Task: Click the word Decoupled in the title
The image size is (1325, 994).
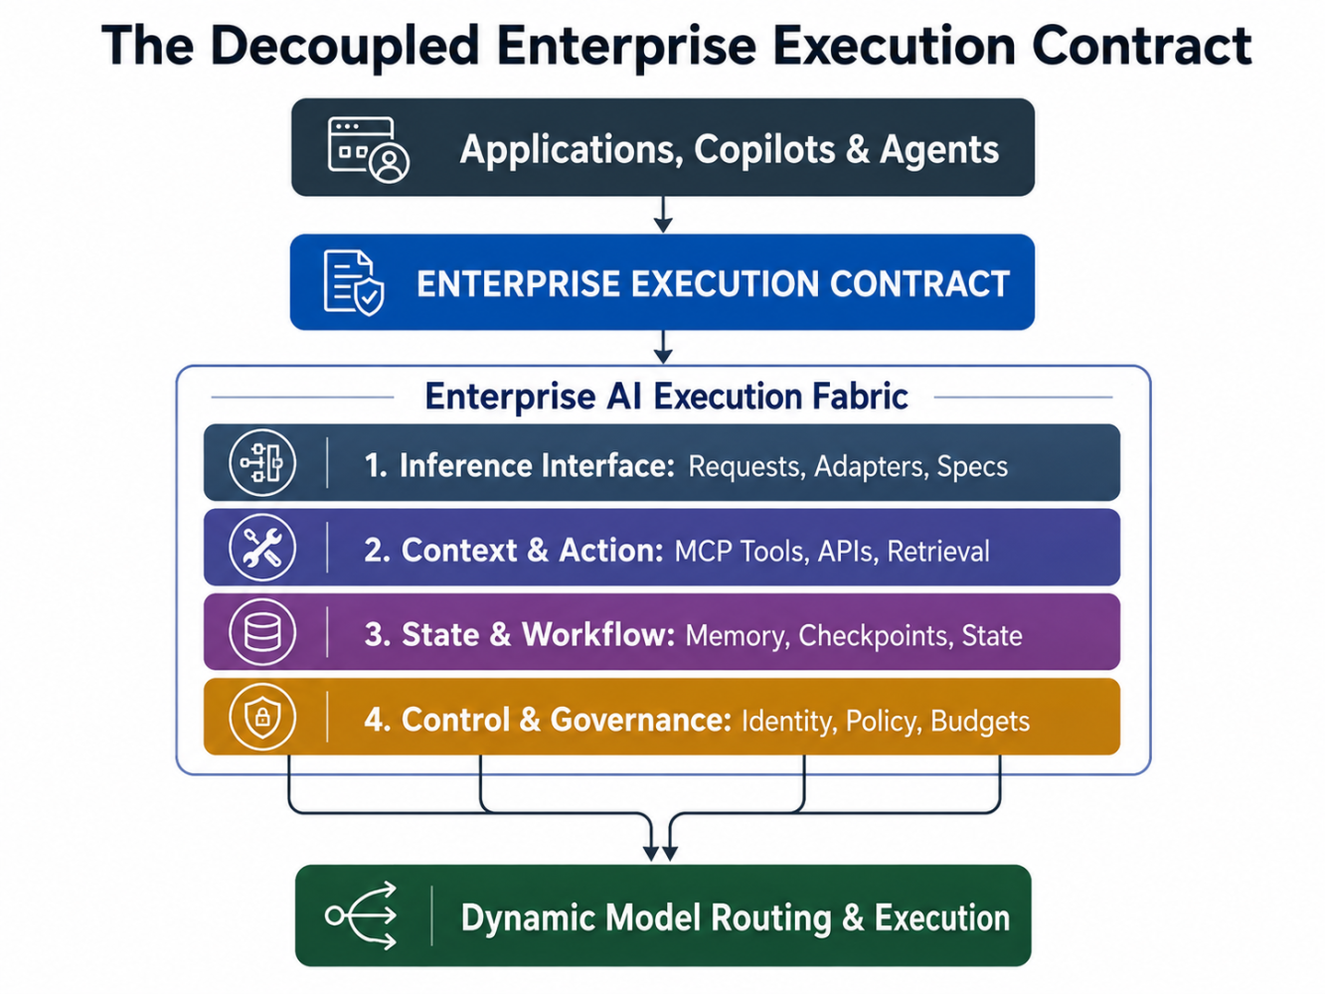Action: click(x=345, y=48)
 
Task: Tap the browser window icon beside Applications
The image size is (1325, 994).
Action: click(x=368, y=150)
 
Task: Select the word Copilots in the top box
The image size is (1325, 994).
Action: click(x=764, y=150)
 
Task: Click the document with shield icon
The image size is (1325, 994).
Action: click(x=353, y=282)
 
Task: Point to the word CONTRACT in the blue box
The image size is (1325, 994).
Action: click(x=919, y=283)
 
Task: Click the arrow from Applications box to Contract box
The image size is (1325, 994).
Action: click(x=663, y=215)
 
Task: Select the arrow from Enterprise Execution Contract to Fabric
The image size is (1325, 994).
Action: click(x=663, y=347)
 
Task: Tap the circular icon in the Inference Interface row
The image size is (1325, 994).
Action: click(x=262, y=463)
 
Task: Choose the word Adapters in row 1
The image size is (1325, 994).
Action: click(x=869, y=466)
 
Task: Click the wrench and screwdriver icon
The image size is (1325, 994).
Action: click(x=262, y=548)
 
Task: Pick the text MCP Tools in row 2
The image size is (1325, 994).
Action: click(x=742, y=551)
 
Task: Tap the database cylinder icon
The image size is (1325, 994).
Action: click(x=262, y=632)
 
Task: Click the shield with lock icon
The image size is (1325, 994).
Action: click(x=262, y=717)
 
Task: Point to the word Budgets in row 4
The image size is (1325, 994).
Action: click(x=980, y=721)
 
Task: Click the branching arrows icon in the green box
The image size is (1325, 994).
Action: click(x=361, y=915)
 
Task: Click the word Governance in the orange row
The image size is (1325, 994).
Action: click(x=640, y=720)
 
